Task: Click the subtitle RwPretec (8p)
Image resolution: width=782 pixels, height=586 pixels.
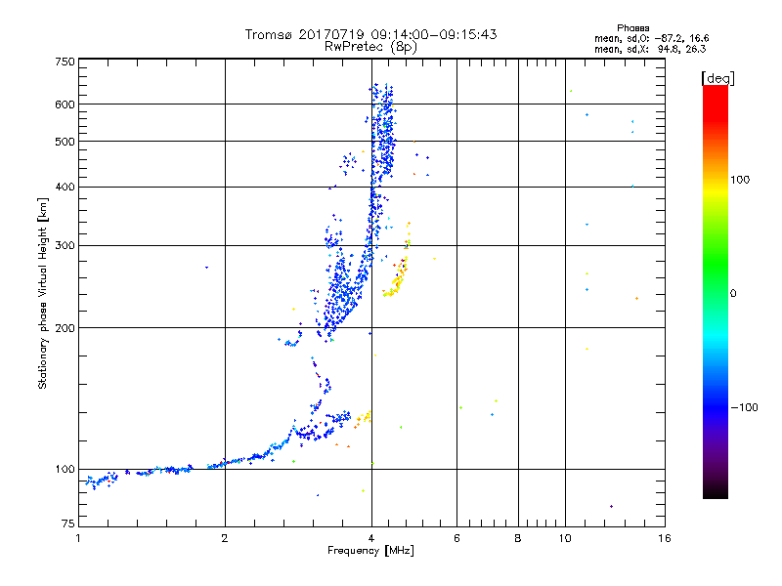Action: [x=370, y=46]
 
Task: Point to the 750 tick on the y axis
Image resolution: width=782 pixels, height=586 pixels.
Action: [x=65, y=62]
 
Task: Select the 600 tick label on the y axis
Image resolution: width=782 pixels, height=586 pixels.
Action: [x=65, y=105]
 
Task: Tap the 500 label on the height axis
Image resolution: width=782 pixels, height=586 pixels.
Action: [x=65, y=142]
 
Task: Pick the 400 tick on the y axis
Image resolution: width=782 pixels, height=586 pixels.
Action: [x=65, y=188]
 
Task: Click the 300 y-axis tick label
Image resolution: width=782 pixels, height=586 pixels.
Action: [x=65, y=246]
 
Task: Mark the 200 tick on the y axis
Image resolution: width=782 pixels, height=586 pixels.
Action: [x=65, y=328]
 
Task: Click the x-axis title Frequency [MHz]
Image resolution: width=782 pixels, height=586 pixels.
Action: [x=370, y=552]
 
